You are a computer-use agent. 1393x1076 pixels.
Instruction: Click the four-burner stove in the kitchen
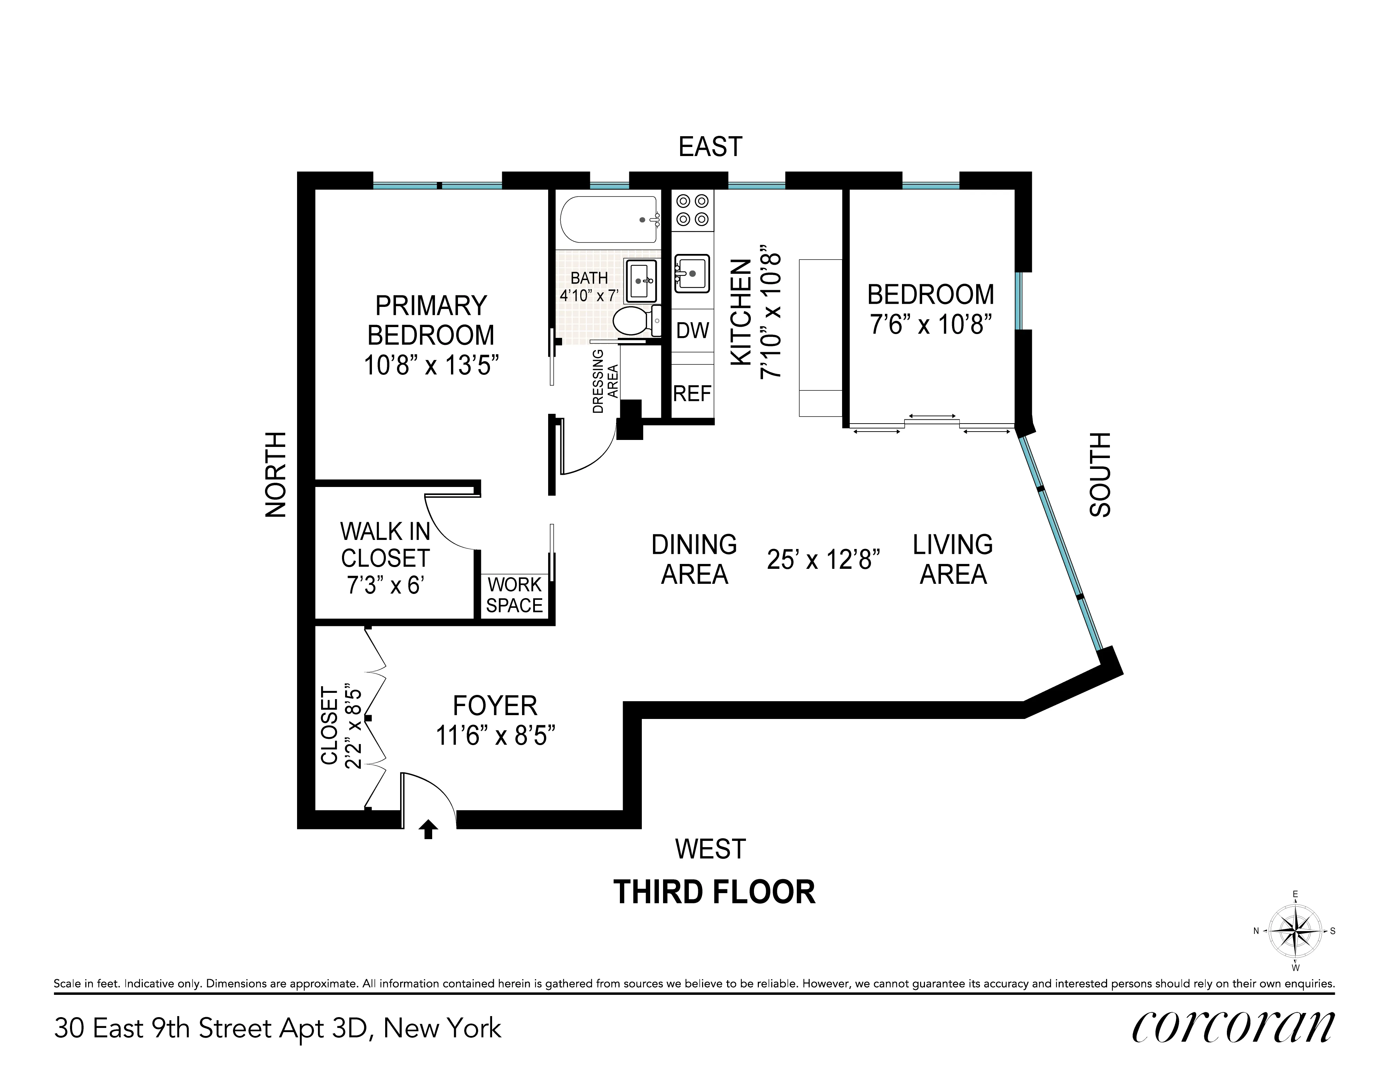click(693, 210)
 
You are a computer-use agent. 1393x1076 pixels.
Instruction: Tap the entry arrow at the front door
click(428, 829)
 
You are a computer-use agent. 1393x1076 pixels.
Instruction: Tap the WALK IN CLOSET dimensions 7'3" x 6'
click(385, 585)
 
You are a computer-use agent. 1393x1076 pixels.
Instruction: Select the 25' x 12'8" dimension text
click(823, 560)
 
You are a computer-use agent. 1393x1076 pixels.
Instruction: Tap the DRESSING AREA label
click(605, 389)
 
